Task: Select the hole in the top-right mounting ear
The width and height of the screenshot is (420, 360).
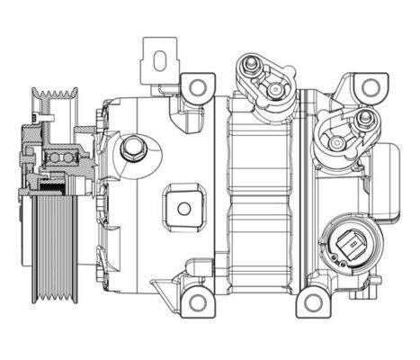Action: (367, 85)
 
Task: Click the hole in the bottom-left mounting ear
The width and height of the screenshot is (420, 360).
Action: (194, 300)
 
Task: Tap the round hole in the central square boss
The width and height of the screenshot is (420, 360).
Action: (184, 209)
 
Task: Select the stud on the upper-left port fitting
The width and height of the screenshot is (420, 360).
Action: (250, 65)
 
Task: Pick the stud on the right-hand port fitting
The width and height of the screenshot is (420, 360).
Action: (364, 118)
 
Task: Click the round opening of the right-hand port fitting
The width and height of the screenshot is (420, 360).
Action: (339, 142)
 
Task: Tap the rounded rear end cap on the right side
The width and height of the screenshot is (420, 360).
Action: (387, 180)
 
